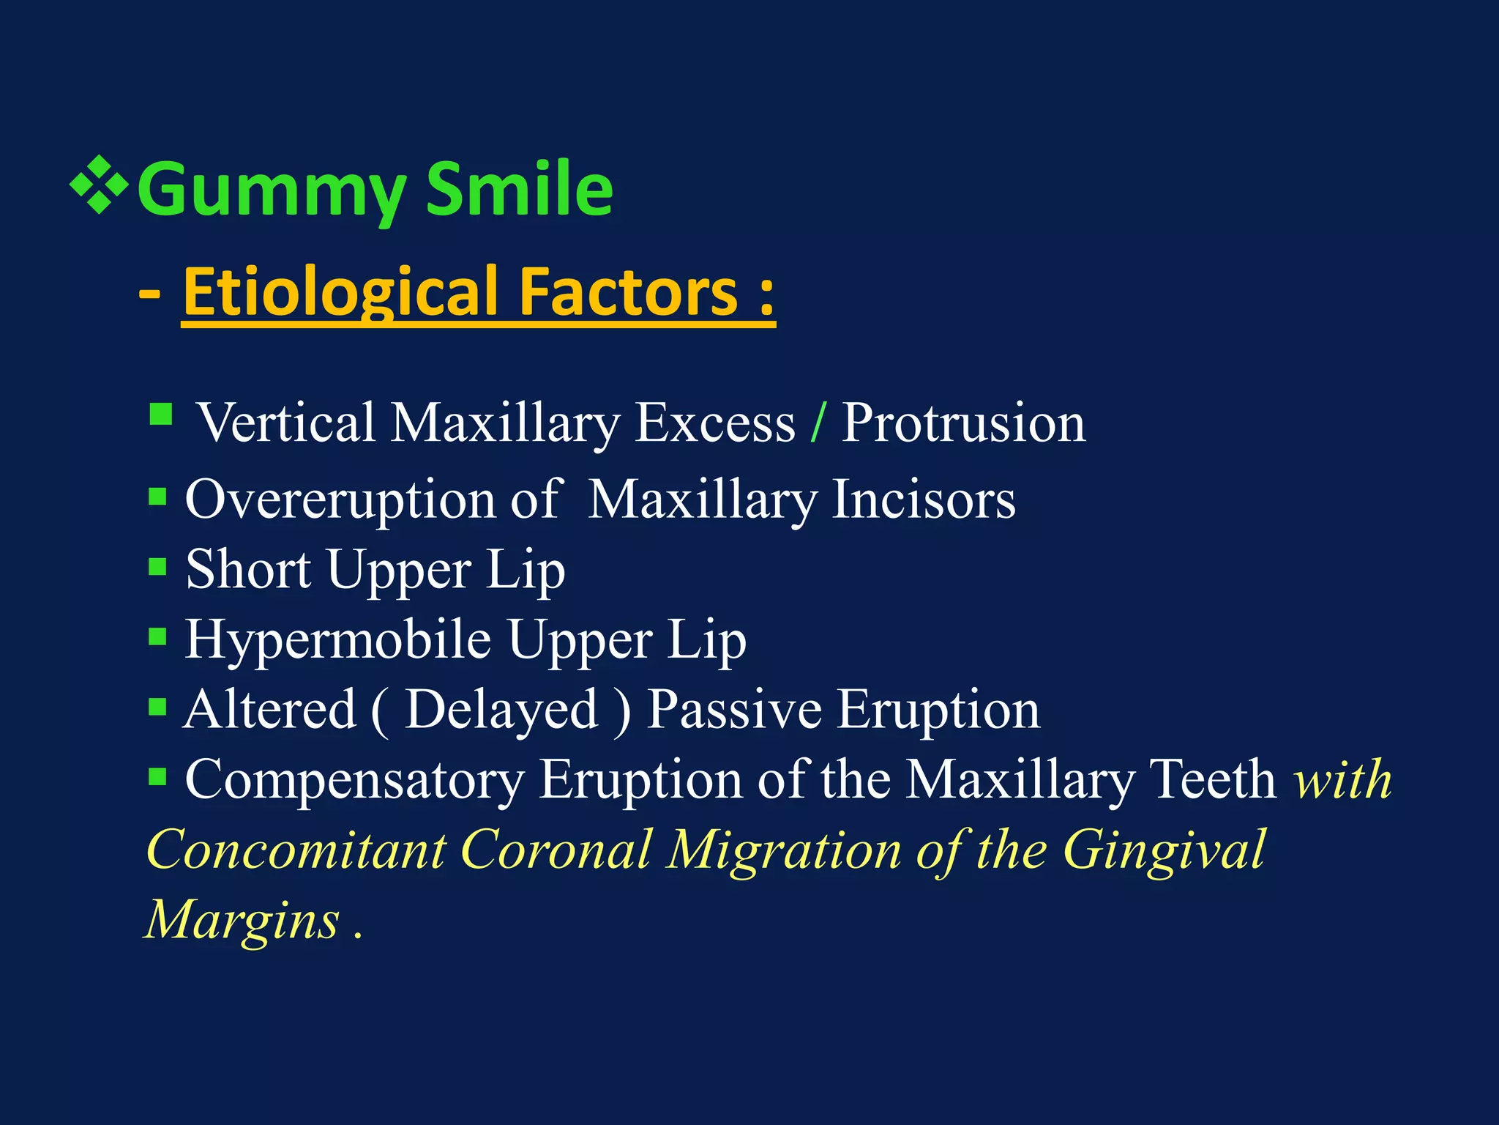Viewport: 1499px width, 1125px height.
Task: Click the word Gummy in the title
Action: [271, 190]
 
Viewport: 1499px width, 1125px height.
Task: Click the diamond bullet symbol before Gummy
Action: [99, 184]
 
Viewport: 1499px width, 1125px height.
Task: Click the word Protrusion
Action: [963, 423]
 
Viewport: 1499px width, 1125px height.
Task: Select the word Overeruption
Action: [340, 500]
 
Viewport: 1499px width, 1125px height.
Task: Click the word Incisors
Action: [924, 500]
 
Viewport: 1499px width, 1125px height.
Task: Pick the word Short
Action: [248, 569]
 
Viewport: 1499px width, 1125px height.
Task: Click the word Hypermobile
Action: [337, 639]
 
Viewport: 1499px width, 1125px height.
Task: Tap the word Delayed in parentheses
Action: [501, 709]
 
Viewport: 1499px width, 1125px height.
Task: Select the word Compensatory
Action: [354, 779]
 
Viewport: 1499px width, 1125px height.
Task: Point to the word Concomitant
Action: [296, 850]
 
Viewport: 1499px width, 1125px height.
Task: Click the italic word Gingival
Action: [1163, 850]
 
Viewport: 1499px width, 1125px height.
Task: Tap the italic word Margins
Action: [242, 919]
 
